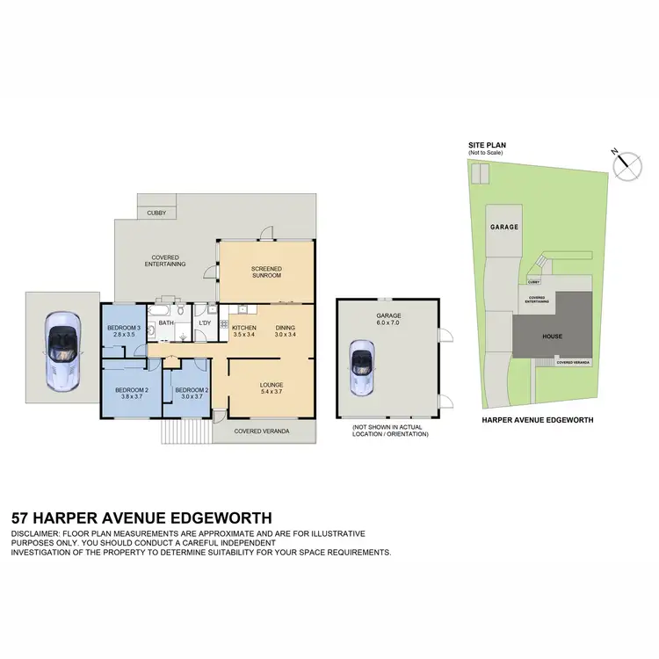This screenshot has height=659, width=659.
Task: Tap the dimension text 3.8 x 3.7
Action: coord(133,396)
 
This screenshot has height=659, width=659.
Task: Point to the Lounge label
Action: coord(271,384)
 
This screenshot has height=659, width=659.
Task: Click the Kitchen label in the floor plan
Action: coord(243,328)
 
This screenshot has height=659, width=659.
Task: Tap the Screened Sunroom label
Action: coord(265,272)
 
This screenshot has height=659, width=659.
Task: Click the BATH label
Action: coord(167,323)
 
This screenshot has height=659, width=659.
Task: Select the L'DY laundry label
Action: coord(205,323)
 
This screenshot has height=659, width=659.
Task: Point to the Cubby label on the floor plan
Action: coord(156,213)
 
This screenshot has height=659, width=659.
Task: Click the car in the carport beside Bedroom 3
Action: coord(61,348)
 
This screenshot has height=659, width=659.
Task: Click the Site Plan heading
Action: coord(487,146)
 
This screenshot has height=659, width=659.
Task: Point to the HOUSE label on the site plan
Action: coord(552,337)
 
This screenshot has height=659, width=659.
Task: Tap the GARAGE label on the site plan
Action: coord(503,227)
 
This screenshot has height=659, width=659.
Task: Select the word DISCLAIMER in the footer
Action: coord(40,534)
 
